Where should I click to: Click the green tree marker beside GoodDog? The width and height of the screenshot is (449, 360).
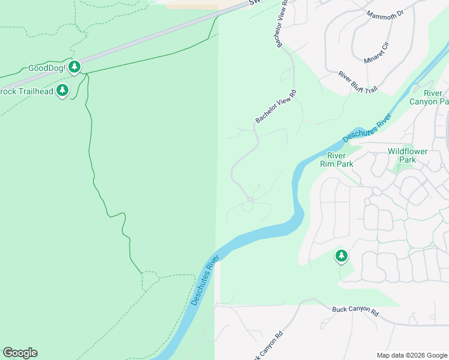click(x=74, y=67)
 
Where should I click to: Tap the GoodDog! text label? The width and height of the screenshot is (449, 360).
click(x=46, y=67)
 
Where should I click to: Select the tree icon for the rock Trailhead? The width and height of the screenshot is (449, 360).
click(x=62, y=91)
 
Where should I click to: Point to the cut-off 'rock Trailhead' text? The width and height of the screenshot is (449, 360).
click(x=26, y=91)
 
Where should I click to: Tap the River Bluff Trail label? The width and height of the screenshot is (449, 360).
click(x=358, y=82)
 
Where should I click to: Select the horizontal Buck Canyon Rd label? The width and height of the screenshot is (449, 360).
click(x=356, y=313)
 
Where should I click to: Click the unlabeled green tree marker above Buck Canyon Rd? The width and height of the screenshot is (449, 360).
click(x=342, y=256)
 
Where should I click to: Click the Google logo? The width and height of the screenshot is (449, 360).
click(x=20, y=353)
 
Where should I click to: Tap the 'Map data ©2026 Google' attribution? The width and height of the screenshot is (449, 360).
click(x=412, y=355)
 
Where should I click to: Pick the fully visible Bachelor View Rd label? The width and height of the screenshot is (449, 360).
click(x=276, y=107)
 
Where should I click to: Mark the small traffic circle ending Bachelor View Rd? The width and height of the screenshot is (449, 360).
click(x=250, y=199)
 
